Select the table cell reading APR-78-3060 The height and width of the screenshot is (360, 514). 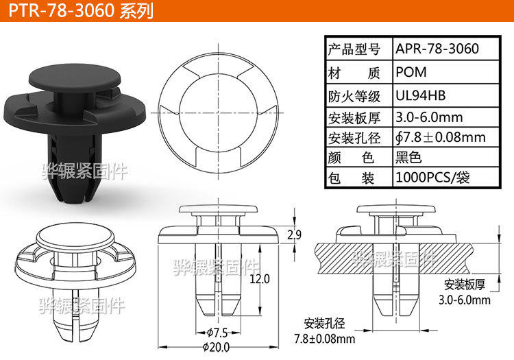pos(437,49)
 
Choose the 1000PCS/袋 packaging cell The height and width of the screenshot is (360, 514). pos(437,178)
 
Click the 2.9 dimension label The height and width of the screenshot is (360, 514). pos(294,235)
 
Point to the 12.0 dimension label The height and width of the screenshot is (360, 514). pos(260,279)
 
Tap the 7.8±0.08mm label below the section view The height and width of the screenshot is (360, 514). pos(324,339)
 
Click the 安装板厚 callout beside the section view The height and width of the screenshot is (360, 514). pos(464,285)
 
